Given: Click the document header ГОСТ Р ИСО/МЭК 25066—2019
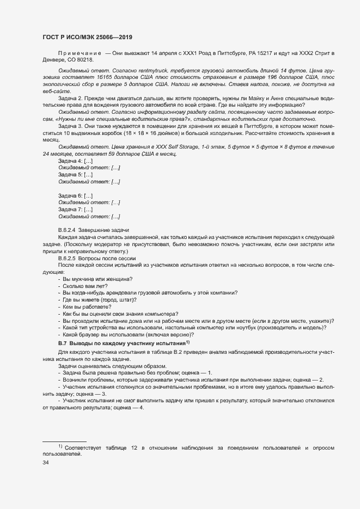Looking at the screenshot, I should pos(88,37).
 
